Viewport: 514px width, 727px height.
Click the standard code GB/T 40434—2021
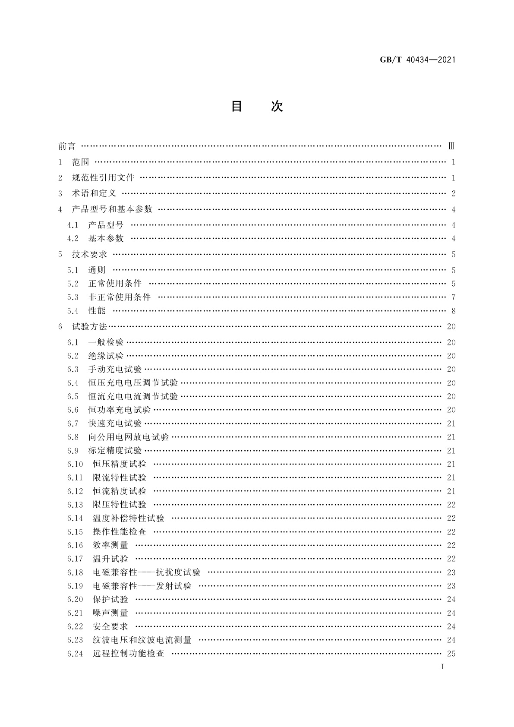[x=417, y=60]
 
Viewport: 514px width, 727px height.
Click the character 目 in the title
[x=237, y=106]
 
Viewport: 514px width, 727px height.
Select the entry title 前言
[x=67, y=146]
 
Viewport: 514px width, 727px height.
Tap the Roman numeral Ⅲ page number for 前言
[x=451, y=146]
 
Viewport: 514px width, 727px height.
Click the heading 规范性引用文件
[x=103, y=178]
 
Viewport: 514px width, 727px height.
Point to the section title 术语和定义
[x=94, y=193]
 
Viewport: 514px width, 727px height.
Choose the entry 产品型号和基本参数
[x=112, y=209]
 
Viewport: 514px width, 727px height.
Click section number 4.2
[x=73, y=239]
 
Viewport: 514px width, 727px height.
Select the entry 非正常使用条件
[x=120, y=297]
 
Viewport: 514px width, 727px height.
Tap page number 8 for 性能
[x=453, y=311]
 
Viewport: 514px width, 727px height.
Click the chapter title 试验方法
[x=89, y=327]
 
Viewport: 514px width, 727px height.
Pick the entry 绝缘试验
[x=106, y=356]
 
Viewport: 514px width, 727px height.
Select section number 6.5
[x=73, y=397]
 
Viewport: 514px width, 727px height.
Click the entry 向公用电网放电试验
[x=129, y=437]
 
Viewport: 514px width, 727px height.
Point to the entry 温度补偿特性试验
[x=129, y=518]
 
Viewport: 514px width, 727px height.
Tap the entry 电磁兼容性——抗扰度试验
[x=147, y=572]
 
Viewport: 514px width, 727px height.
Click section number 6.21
[x=75, y=613]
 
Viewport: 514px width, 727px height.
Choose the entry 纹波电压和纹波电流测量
[x=142, y=640]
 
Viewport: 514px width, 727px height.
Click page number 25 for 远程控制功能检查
[x=451, y=654]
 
